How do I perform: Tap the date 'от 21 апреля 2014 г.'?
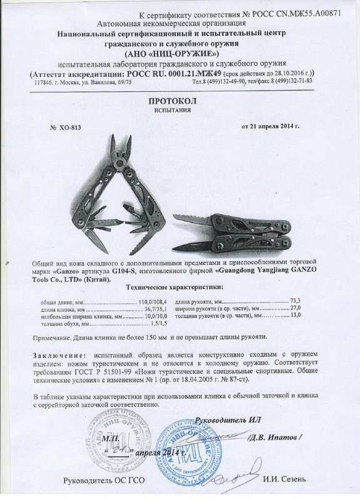tap(271, 126)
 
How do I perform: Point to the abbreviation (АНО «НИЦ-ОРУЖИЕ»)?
tap(180, 53)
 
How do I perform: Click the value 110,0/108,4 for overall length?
tap(148, 303)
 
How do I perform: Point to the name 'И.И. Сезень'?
tap(284, 479)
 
